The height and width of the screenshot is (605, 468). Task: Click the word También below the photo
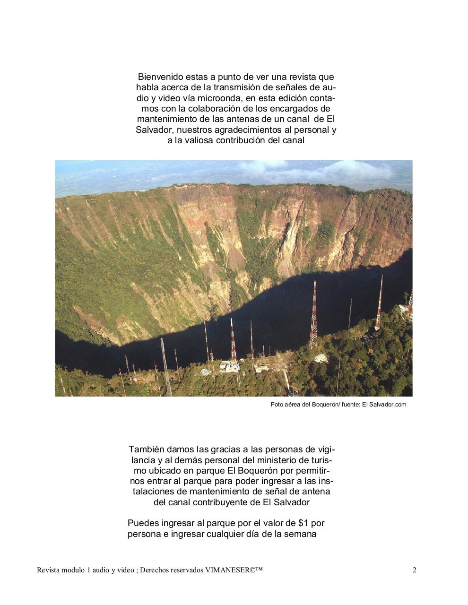coord(146,449)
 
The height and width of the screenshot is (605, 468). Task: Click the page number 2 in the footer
coord(415,570)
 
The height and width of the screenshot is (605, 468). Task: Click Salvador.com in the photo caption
coord(384,405)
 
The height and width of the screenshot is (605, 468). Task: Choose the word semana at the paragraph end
coord(300,534)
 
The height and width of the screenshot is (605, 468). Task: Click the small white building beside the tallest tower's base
coord(321,358)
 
